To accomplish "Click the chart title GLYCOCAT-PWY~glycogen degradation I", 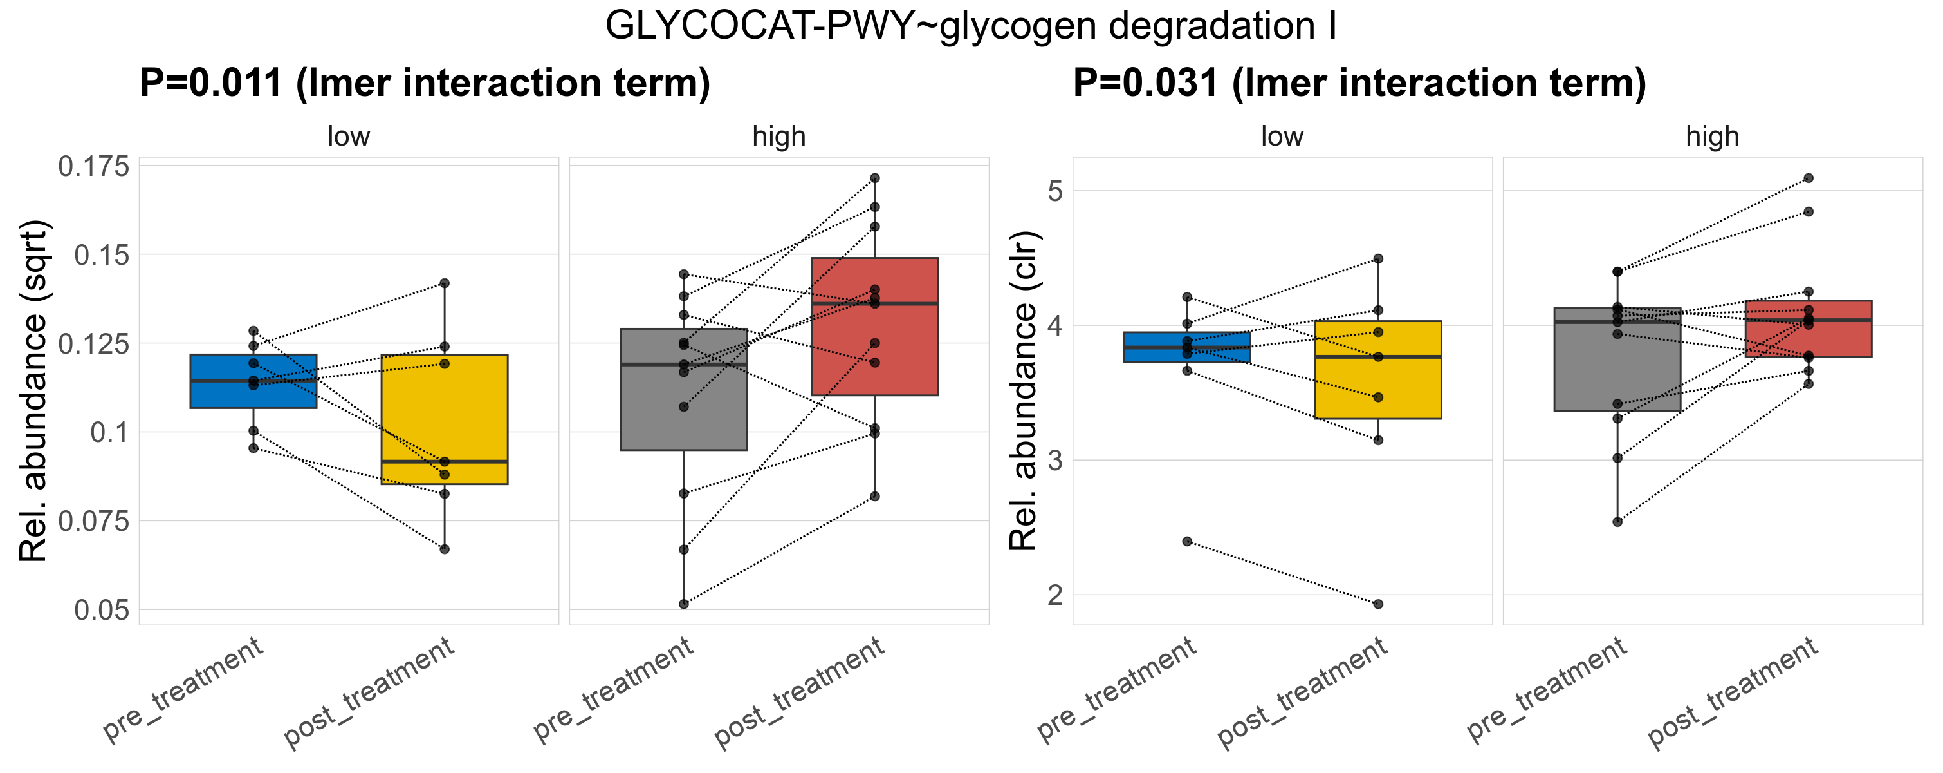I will (971, 26).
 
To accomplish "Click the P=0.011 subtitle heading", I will (425, 83).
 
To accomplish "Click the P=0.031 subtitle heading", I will (1359, 83).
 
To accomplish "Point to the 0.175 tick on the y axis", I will (93, 166).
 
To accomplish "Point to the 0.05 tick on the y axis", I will (102, 610).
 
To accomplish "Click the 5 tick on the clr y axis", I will (1055, 191).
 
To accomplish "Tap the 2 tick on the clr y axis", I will (1055, 595).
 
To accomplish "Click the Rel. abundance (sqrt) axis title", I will (33, 391).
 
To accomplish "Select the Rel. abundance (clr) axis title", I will (1024, 391).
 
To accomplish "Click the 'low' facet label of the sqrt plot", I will (349, 137).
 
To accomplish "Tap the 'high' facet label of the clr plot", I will (1712, 137).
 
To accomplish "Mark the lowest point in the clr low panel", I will (1378, 604).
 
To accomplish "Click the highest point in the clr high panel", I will (1808, 178).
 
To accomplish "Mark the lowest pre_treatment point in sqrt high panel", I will (683, 604).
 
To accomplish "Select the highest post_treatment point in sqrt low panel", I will (445, 283).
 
